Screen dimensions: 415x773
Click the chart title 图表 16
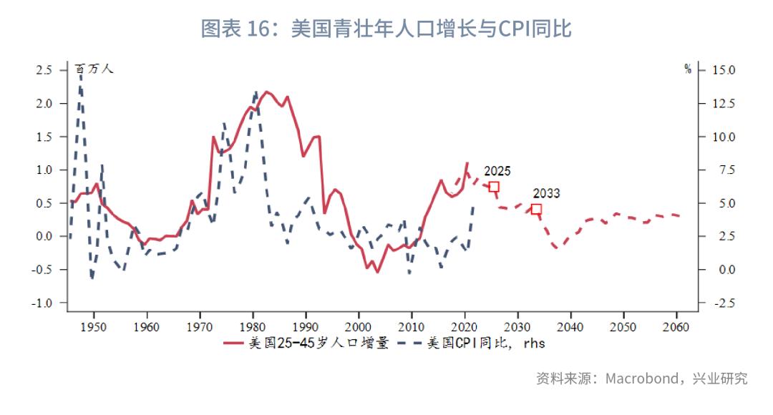click(x=386, y=29)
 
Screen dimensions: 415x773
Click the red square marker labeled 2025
click(x=494, y=187)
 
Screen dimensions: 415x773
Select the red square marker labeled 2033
click(x=536, y=209)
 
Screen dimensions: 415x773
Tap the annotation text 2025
click(x=497, y=171)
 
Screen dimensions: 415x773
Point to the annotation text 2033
click(x=546, y=193)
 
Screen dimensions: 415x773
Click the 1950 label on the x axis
click(x=94, y=327)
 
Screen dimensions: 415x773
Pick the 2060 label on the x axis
click(x=676, y=327)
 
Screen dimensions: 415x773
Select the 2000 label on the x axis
click(x=359, y=327)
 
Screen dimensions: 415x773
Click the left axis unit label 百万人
click(x=94, y=69)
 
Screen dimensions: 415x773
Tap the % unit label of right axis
click(x=688, y=69)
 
